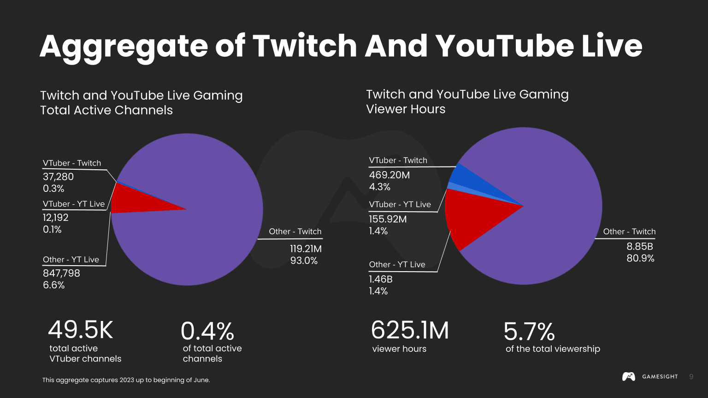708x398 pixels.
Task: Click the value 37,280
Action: tap(58, 177)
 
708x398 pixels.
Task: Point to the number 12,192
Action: tap(55, 218)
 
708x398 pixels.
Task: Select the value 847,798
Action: tap(61, 273)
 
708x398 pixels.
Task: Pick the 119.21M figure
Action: tap(306, 249)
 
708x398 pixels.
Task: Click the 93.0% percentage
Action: tap(304, 261)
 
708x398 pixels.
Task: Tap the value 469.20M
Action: tap(389, 175)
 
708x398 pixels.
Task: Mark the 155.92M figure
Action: tap(388, 220)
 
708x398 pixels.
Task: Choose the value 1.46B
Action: tap(380, 279)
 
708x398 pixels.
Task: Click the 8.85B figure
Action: tap(639, 247)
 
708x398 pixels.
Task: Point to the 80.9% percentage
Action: tap(640, 258)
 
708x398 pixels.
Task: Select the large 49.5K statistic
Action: tap(81, 330)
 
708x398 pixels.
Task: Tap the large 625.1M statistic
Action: tap(409, 331)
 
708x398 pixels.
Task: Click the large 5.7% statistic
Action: tap(529, 332)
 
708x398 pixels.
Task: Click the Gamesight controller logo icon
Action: tap(628, 377)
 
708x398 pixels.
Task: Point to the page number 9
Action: tap(691, 377)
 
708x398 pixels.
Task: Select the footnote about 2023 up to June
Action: tap(126, 380)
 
